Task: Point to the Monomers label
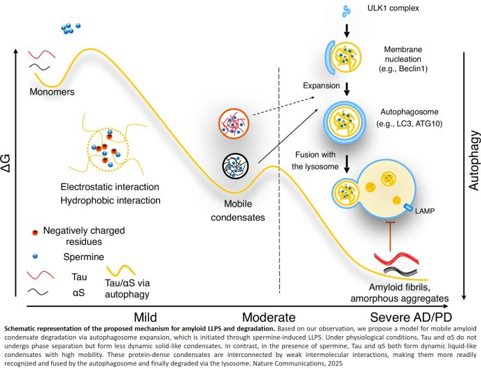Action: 51,91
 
